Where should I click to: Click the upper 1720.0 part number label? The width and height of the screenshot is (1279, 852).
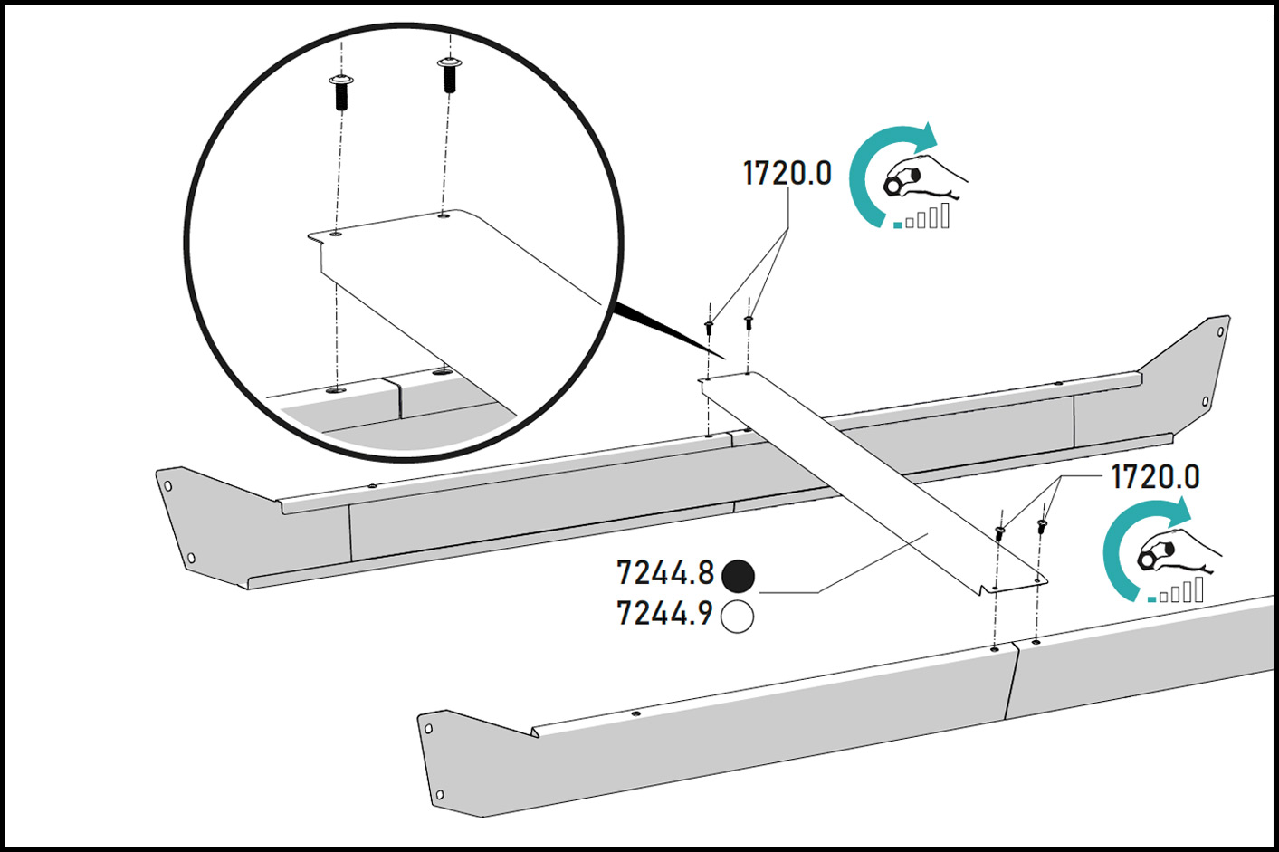(x=787, y=173)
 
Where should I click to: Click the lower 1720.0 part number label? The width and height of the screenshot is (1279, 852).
(x=1155, y=477)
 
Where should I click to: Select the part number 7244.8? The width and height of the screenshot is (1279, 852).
(x=665, y=573)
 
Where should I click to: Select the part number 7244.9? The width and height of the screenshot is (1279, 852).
(x=665, y=614)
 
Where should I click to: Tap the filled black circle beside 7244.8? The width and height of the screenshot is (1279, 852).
(x=738, y=576)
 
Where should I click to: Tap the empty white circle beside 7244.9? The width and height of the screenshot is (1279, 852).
(x=737, y=617)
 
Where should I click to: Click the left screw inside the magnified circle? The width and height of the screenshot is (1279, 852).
(x=341, y=92)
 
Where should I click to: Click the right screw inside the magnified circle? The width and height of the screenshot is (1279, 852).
(x=449, y=74)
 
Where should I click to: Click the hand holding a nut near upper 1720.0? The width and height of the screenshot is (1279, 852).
(x=924, y=177)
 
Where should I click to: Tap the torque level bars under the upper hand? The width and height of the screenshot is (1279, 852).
(x=921, y=216)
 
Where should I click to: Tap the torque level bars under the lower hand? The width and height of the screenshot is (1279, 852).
(x=1176, y=590)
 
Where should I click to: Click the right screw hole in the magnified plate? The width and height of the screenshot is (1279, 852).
(x=444, y=215)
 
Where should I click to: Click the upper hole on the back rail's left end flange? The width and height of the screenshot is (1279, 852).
(x=167, y=486)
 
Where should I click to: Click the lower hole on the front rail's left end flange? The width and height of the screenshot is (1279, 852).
(x=440, y=794)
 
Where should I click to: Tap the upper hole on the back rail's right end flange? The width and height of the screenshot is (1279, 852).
(x=1221, y=331)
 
